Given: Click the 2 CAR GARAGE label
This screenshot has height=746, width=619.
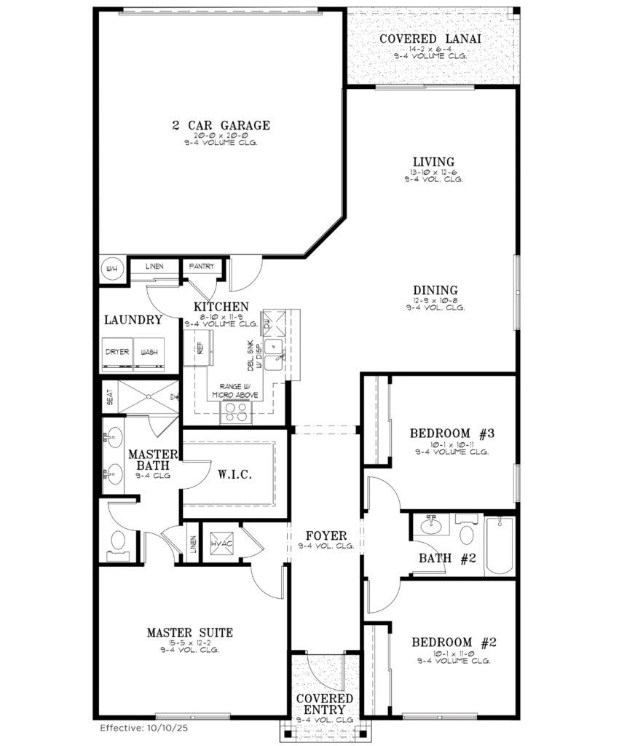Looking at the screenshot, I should (221, 125).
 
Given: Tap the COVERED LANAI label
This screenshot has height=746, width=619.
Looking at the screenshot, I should (432, 39).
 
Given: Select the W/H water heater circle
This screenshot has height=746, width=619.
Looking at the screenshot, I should (113, 268).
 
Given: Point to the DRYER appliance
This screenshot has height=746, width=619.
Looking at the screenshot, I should (117, 353).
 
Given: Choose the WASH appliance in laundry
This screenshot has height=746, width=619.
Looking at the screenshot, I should (149, 353).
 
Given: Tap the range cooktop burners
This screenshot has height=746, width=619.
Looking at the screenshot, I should (235, 412).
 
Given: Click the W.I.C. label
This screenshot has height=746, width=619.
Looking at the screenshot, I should (235, 475).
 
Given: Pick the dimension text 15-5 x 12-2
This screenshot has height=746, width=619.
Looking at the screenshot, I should (190, 643).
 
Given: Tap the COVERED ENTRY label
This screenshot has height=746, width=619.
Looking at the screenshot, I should (325, 703).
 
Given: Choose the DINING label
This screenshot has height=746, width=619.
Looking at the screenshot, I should (435, 290).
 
